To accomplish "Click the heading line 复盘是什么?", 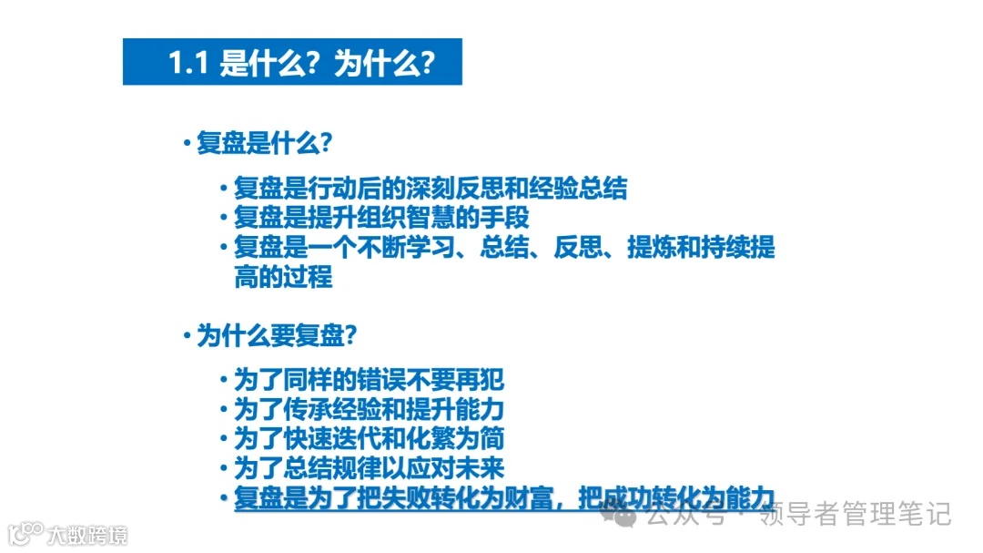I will point(263,144).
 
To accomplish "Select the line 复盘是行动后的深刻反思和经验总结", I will point(431,189).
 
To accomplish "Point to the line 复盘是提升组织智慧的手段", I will point(381,219).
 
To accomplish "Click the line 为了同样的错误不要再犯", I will point(369,380).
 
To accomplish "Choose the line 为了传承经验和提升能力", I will point(369,409).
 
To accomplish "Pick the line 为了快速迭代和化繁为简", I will point(369,438).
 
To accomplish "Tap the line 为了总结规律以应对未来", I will point(369,468).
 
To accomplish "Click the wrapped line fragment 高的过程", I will point(283,277).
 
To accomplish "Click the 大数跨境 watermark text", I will point(88,534).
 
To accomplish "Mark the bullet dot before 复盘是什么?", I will point(187,144).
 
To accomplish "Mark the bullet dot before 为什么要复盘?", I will point(187,336).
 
